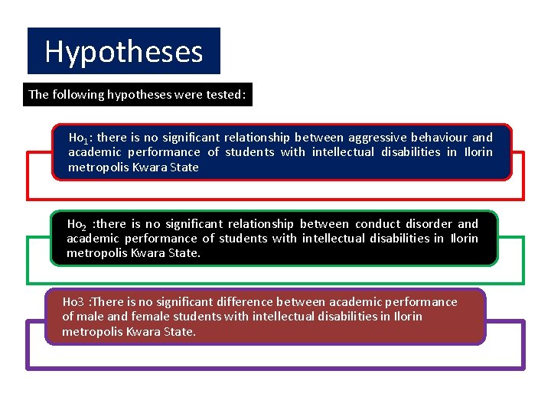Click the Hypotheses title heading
tap(123, 52)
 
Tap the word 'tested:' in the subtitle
tap(225, 95)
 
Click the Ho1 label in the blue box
tap(80, 138)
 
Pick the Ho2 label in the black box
tap(77, 225)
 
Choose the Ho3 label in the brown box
tap(73, 302)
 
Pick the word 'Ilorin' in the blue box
tap(478, 152)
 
